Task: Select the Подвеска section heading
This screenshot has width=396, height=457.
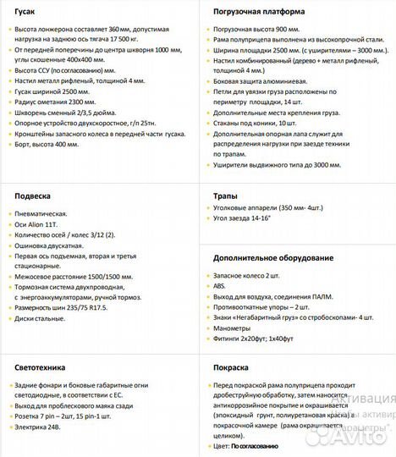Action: click(33, 195)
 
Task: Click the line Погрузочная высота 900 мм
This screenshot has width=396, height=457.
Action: click(254, 29)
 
